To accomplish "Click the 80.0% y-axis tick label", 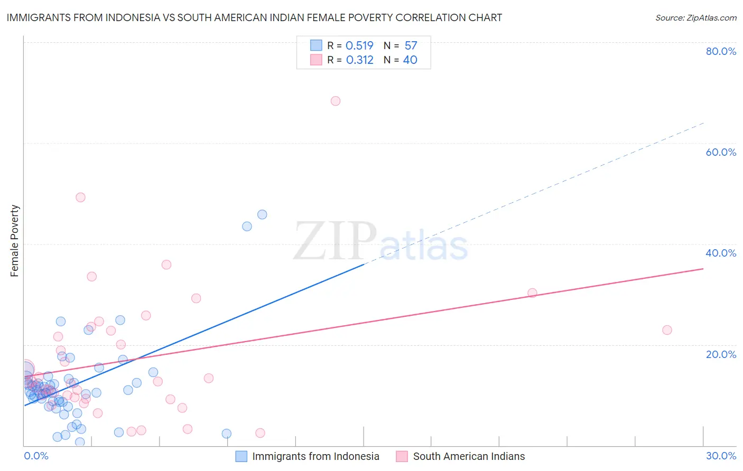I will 720,51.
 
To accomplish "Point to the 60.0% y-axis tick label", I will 720,152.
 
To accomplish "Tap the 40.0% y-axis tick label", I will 720,253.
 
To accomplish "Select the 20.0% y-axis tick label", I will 720,354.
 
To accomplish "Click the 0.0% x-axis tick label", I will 36,456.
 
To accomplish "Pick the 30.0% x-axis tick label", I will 721,456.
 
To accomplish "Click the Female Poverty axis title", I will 15,241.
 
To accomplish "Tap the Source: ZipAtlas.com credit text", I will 695,18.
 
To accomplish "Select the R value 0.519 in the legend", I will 359,45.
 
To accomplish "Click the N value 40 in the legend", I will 410,60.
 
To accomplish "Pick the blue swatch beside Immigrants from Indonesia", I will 241,456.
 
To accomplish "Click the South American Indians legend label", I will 469,456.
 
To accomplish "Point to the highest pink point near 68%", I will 336,101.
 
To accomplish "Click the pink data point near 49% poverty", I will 80,197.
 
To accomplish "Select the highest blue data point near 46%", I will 262,214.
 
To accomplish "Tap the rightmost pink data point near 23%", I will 667,330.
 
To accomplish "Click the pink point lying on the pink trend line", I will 532,293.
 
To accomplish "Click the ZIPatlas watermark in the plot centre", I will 380,242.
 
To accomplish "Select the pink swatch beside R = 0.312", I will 316,60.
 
